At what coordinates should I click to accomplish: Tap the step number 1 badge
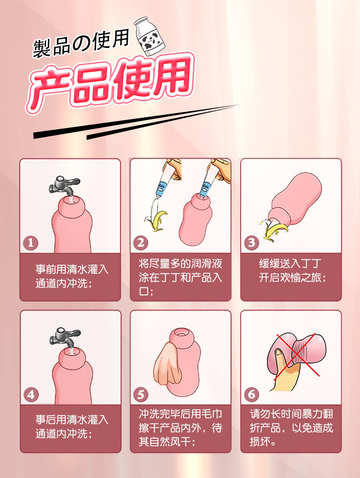click(31, 243)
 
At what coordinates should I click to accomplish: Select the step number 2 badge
click(140, 243)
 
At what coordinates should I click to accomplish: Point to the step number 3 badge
click(252, 243)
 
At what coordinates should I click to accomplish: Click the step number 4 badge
click(31, 395)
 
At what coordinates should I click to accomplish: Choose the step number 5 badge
click(141, 395)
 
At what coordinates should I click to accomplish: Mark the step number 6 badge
click(252, 395)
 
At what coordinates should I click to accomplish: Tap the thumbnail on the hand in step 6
click(279, 354)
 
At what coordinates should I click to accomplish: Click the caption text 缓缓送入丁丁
click(290, 264)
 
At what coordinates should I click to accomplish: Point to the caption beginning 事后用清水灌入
click(72, 427)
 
